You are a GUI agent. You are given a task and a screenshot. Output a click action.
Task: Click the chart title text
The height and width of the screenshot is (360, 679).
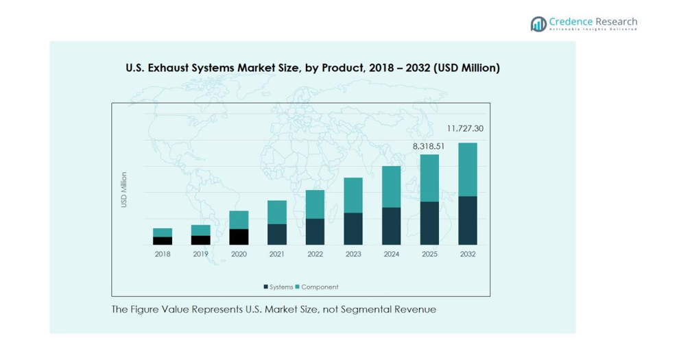pyautogui.click(x=312, y=68)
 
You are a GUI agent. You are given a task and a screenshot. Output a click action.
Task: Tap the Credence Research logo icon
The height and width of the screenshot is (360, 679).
pyautogui.click(x=538, y=24)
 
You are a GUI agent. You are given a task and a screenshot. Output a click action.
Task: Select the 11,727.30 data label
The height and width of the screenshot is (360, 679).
pyautogui.click(x=465, y=128)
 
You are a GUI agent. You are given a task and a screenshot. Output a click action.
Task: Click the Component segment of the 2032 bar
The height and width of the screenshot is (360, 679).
pyautogui.click(x=468, y=169)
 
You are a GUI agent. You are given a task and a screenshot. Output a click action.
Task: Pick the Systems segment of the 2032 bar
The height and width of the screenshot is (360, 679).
pyautogui.click(x=468, y=220)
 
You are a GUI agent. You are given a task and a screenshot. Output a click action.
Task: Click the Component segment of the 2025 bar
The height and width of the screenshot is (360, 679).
pyautogui.click(x=429, y=178)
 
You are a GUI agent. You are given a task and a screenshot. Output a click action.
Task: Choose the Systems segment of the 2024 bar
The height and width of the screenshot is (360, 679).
pyautogui.click(x=391, y=226)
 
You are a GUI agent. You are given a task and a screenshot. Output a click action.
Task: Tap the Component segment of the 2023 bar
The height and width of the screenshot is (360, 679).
pyautogui.click(x=353, y=195)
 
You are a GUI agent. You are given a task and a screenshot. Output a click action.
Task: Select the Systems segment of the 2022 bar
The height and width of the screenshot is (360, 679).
pyautogui.click(x=315, y=232)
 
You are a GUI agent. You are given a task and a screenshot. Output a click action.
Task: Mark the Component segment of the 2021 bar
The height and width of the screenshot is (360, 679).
pyautogui.click(x=277, y=212)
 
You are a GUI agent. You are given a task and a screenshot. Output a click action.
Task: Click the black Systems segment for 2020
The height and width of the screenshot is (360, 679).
pyautogui.click(x=239, y=237)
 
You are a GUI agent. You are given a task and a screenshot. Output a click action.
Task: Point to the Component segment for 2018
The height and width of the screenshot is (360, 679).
pyautogui.click(x=163, y=232)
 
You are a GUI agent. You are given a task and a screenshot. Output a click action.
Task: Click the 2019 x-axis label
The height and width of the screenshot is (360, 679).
pyautogui.click(x=200, y=254)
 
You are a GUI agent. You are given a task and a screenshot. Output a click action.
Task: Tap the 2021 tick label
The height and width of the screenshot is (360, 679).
pyautogui.click(x=277, y=254)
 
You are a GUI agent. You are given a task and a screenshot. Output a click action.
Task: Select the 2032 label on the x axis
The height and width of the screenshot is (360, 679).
pyautogui.click(x=468, y=254)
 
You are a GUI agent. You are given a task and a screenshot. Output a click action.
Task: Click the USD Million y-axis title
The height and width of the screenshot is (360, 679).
pyautogui.click(x=124, y=189)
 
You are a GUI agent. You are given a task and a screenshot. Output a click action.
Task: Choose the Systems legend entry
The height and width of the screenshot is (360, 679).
pyautogui.click(x=278, y=287)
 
